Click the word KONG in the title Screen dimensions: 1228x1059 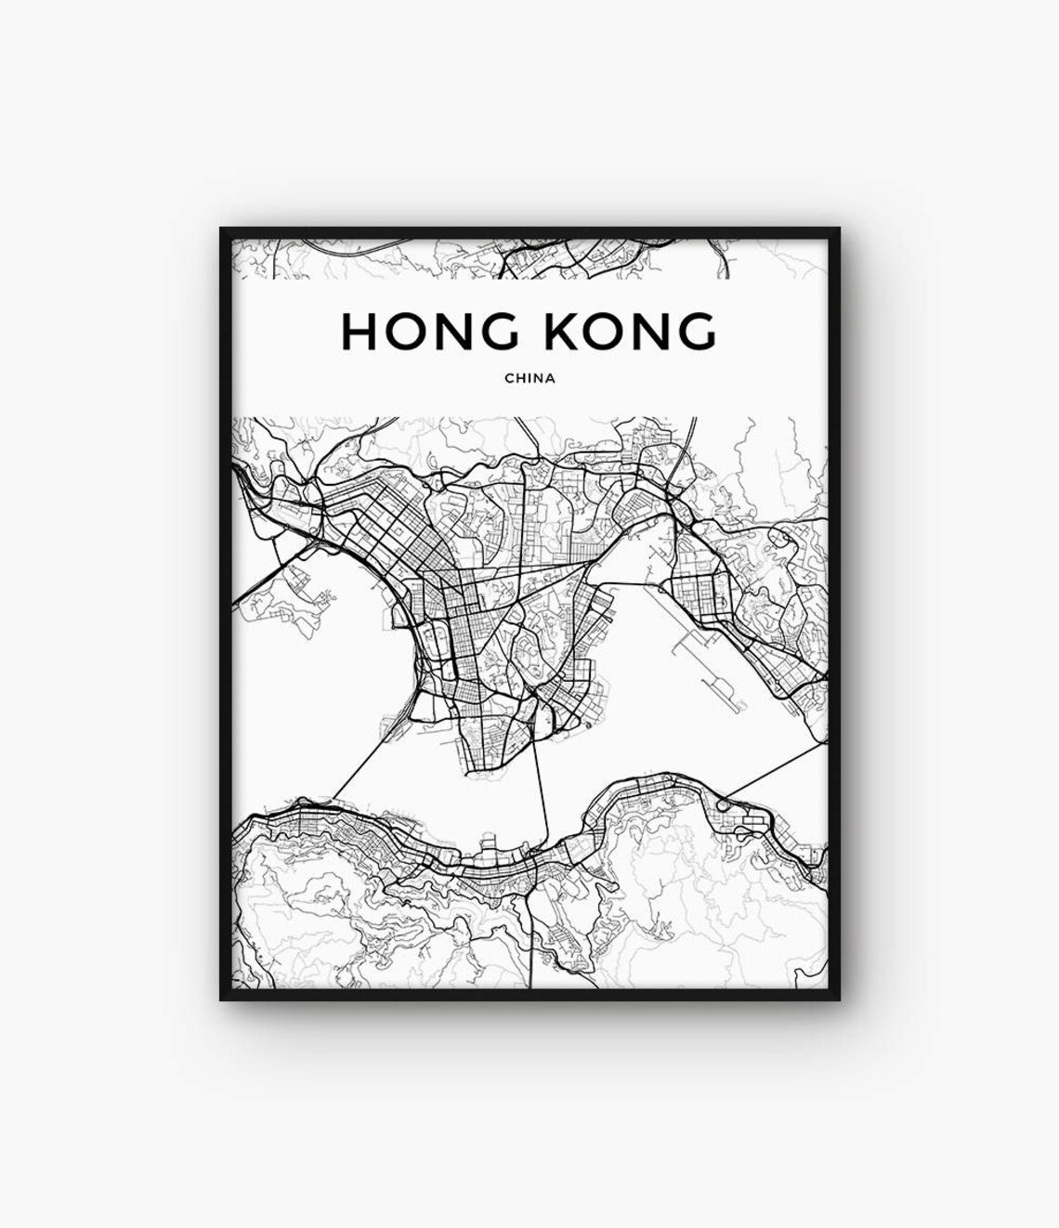[631, 331]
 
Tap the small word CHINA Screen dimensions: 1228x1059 [529, 378]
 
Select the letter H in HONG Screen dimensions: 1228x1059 [359, 331]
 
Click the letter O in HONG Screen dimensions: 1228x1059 [405, 331]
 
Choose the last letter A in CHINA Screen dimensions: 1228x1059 [551, 378]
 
